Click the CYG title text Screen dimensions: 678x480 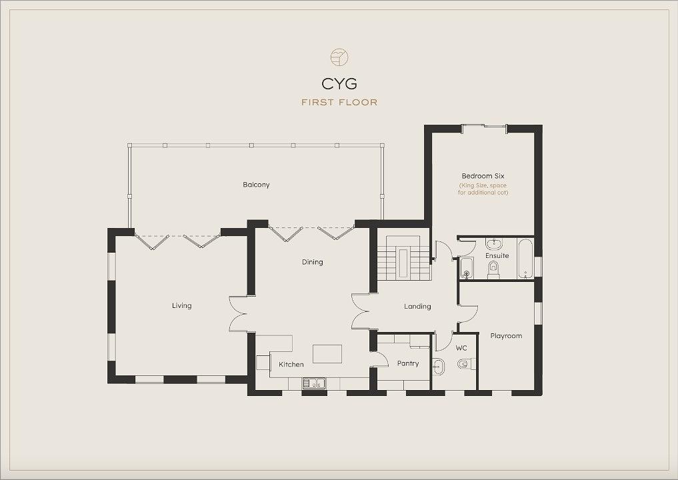339,83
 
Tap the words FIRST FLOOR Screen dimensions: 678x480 339,103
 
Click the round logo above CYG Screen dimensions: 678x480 339,57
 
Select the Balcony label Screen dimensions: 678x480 256,185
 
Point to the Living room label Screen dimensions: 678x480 181,306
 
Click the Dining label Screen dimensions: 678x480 312,262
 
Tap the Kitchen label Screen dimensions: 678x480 291,365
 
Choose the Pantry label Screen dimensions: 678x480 408,364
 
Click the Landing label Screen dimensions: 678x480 417,307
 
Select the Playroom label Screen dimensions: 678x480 506,336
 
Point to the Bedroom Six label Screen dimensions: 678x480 483,176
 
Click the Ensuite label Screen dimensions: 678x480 497,255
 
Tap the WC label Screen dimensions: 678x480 461,348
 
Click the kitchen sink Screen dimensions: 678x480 315,383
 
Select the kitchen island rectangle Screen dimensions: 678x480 327,354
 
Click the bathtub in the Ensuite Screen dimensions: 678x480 525,258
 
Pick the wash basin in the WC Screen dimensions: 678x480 438,367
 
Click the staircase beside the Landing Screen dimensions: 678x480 403,258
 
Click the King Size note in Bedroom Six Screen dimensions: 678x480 483,189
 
